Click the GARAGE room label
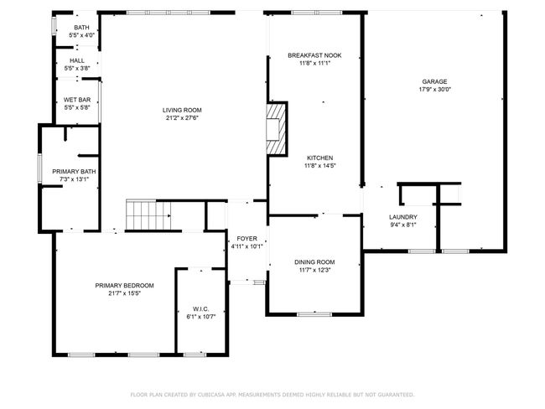[434, 81]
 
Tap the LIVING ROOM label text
[182, 110]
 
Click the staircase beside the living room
[148, 215]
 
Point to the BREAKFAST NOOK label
[314, 55]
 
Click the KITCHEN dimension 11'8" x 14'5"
[319, 166]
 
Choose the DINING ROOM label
[314, 262]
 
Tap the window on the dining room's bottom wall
[314, 314]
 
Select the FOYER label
[247, 239]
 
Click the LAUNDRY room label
[403, 217]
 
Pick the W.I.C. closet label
[201, 309]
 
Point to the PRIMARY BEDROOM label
[124, 286]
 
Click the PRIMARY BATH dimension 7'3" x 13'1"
[74, 179]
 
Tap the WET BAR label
[77, 100]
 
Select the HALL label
[77, 60]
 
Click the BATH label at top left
[81, 28]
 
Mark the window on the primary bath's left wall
[40, 168]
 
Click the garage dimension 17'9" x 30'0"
[434, 90]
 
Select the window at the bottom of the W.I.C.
[195, 355]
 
